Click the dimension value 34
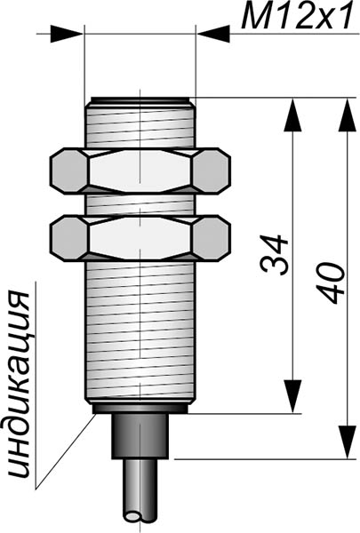[x=275, y=255]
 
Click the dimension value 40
[x=331, y=282]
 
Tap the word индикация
[x=19, y=385]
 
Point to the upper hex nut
[x=140, y=171]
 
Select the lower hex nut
[x=140, y=238]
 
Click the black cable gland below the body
[x=140, y=436]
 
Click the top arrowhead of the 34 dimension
[x=292, y=115]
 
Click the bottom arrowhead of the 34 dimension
[x=292, y=397]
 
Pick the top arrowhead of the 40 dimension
[x=347, y=115]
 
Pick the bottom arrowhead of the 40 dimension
[x=347, y=442]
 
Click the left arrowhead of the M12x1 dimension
[x=67, y=34]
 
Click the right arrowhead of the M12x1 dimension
[x=213, y=34]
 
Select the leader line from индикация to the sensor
[x=64, y=451]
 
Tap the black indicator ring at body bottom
[x=140, y=409]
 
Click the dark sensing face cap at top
[x=140, y=99]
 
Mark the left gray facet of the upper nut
[x=69, y=171]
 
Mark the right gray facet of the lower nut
[x=212, y=238]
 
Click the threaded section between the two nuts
[x=140, y=205]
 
